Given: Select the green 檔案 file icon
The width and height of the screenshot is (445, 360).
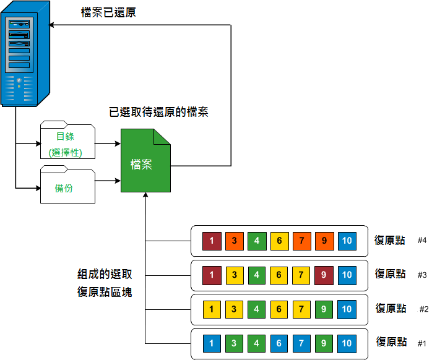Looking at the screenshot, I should pyautogui.click(x=145, y=162).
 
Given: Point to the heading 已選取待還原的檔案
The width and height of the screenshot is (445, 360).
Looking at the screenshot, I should pyautogui.click(x=158, y=113).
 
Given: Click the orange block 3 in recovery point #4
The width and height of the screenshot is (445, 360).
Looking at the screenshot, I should pyautogui.click(x=235, y=241).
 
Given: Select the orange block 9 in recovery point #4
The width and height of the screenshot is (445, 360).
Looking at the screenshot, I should pyautogui.click(x=324, y=241).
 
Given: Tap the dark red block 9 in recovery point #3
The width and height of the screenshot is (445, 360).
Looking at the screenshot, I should pyautogui.click(x=324, y=274).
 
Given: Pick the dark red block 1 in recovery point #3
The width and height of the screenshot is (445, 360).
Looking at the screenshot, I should pyautogui.click(x=212, y=274).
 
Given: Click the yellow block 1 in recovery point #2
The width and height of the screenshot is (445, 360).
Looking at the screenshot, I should pyautogui.click(x=212, y=308).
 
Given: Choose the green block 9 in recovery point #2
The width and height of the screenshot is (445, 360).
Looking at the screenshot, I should pyautogui.click(x=324, y=308).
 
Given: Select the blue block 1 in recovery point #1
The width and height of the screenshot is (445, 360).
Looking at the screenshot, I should pyautogui.click(x=212, y=342).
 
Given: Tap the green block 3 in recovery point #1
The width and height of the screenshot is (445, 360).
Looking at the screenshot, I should pyautogui.click(x=235, y=342).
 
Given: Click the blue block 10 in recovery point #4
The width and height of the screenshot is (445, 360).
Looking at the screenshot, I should pyautogui.click(x=347, y=241).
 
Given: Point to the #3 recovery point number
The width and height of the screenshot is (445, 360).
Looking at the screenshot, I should pyautogui.click(x=422, y=275).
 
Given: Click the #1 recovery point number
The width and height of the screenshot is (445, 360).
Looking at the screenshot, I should pyautogui.click(x=422, y=343).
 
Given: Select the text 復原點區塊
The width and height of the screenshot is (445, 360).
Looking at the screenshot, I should pyautogui.click(x=105, y=291).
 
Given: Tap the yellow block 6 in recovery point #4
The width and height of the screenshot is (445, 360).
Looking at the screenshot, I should pyautogui.click(x=279, y=241).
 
